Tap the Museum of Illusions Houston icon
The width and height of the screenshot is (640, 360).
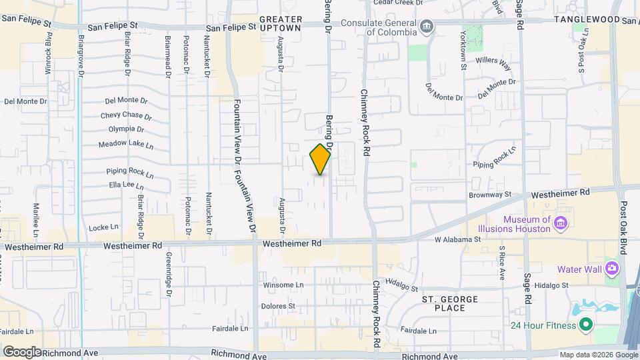click(x=561, y=223)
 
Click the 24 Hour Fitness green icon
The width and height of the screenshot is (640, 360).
click(x=585, y=325)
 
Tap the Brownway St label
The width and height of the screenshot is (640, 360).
click(x=489, y=195)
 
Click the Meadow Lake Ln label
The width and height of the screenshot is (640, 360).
click(x=126, y=145)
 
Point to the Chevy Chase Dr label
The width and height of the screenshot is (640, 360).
click(x=127, y=115)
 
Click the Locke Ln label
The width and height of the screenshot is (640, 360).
click(x=103, y=227)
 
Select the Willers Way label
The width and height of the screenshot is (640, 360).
click(x=493, y=63)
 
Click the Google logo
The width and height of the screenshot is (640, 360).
click(x=22, y=351)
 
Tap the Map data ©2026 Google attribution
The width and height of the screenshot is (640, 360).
click(x=598, y=355)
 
